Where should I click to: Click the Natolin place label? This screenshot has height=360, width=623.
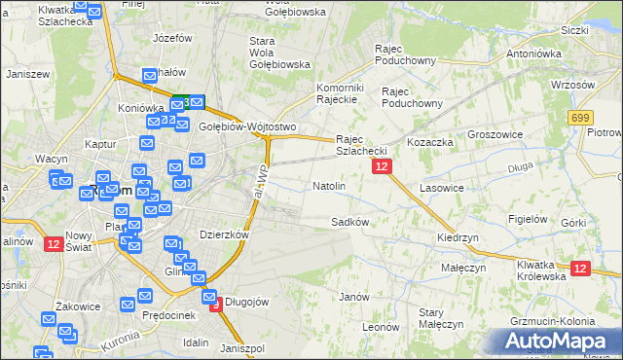coord(328,185)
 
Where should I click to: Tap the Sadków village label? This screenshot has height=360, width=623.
coord(349,222)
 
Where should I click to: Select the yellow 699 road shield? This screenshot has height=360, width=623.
coord(581,118)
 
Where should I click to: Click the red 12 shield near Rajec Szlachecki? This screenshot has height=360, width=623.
coord(382,167)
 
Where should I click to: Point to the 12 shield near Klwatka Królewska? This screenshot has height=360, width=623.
coord(580,269)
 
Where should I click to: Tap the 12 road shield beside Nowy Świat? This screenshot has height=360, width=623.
coord(53,244)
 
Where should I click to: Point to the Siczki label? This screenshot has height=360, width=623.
coord(574,30)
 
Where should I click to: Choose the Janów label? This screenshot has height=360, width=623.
coord(353,296)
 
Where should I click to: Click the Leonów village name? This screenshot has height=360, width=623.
coord(381,328)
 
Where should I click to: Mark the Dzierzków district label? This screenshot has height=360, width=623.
coord(224,234)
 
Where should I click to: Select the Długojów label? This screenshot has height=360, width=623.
coord(246,302)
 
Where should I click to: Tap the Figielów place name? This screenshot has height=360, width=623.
coord(527,219)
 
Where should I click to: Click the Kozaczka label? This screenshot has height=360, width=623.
coord(431,142)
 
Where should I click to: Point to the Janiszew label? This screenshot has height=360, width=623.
coord(27,74)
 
